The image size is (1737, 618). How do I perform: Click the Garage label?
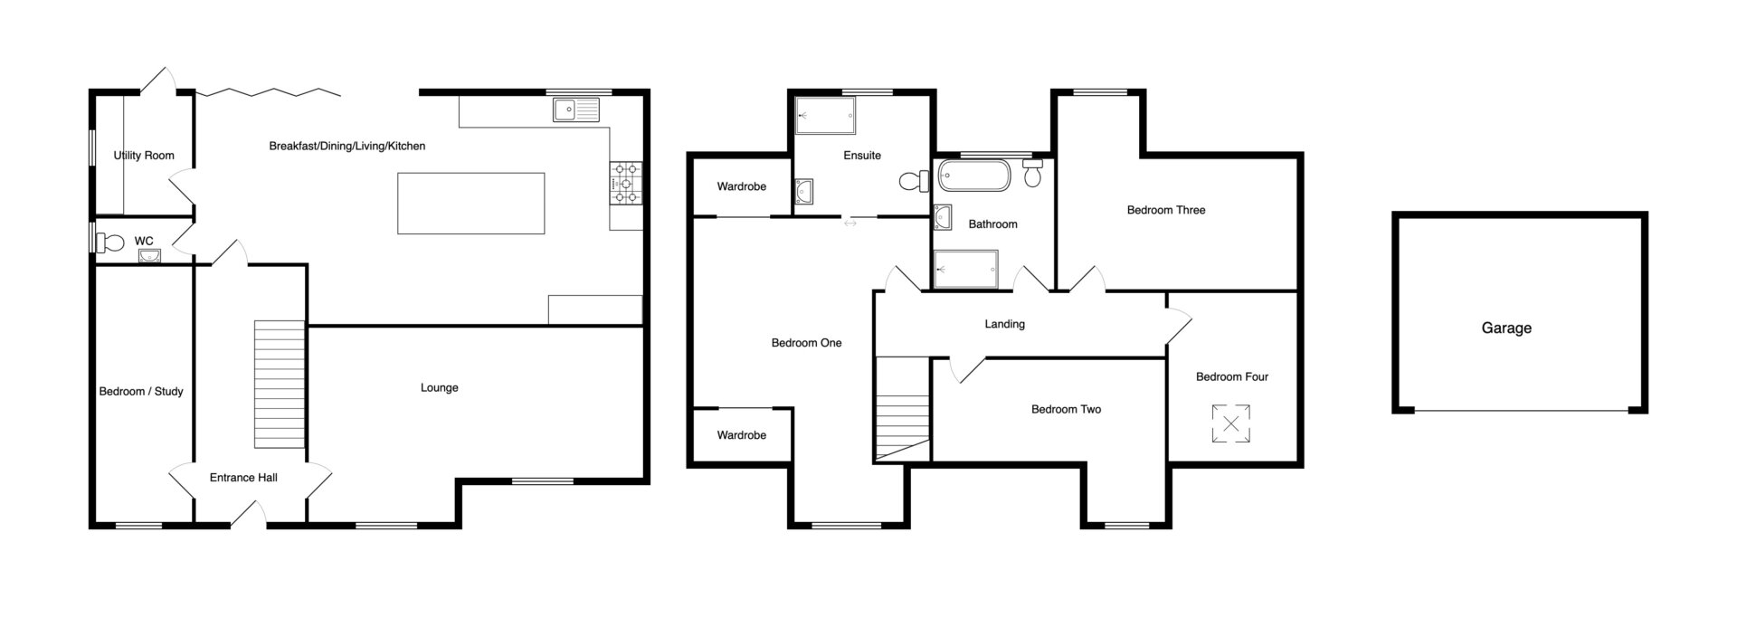(1506, 328)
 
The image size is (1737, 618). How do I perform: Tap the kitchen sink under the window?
(577, 110)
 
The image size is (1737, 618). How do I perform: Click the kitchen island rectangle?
(471, 203)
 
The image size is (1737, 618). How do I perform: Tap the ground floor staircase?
(280, 385)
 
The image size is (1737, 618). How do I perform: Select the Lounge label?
(440, 388)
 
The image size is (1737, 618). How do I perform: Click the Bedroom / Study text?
(141, 392)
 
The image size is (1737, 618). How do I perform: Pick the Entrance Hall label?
(243, 478)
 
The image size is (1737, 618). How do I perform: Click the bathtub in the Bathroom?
(973, 175)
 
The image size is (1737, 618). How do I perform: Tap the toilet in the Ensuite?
(915, 182)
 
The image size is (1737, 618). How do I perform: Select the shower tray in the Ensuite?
(824, 116)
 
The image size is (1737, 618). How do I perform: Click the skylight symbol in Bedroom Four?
(1231, 424)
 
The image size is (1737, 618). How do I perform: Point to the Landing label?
(1005, 324)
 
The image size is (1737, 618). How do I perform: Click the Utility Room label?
(144, 156)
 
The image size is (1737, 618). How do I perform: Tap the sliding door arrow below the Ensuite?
(850, 223)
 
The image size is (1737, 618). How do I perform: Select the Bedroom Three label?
(1166, 210)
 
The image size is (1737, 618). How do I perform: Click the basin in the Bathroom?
(944, 217)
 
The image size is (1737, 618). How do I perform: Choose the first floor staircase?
(903, 409)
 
